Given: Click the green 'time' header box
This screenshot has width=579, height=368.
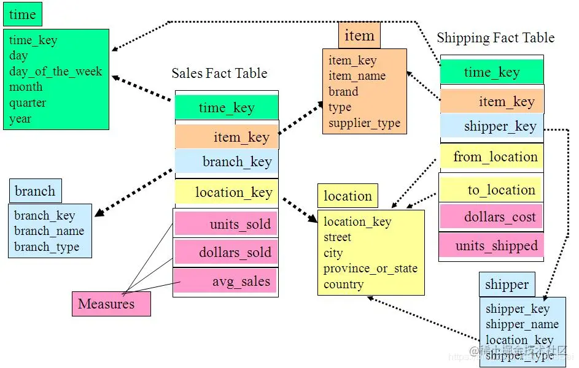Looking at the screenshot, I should (x=23, y=15).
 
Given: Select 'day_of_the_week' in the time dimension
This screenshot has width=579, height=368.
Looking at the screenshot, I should (x=55, y=71).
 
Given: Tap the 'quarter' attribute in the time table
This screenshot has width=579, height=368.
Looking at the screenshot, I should (x=28, y=102).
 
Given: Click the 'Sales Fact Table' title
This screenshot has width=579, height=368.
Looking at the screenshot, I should (x=219, y=74).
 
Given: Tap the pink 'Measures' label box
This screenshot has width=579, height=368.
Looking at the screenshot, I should (x=111, y=304).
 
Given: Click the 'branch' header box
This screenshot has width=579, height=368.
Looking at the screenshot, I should (x=35, y=191).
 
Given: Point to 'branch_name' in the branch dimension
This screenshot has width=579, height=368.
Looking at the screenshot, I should (x=49, y=231).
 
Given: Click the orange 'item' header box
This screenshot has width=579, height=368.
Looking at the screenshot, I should (x=359, y=36).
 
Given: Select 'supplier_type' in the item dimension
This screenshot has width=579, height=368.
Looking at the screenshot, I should (x=364, y=123).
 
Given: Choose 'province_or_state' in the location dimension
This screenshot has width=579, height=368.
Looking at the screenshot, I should (x=370, y=269).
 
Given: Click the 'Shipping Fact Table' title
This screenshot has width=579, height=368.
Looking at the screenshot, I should (x=495, y=38).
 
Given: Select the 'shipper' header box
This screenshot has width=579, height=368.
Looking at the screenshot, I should (x=507, y=285).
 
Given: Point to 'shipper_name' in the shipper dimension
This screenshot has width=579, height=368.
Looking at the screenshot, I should (x=522, y=324).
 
